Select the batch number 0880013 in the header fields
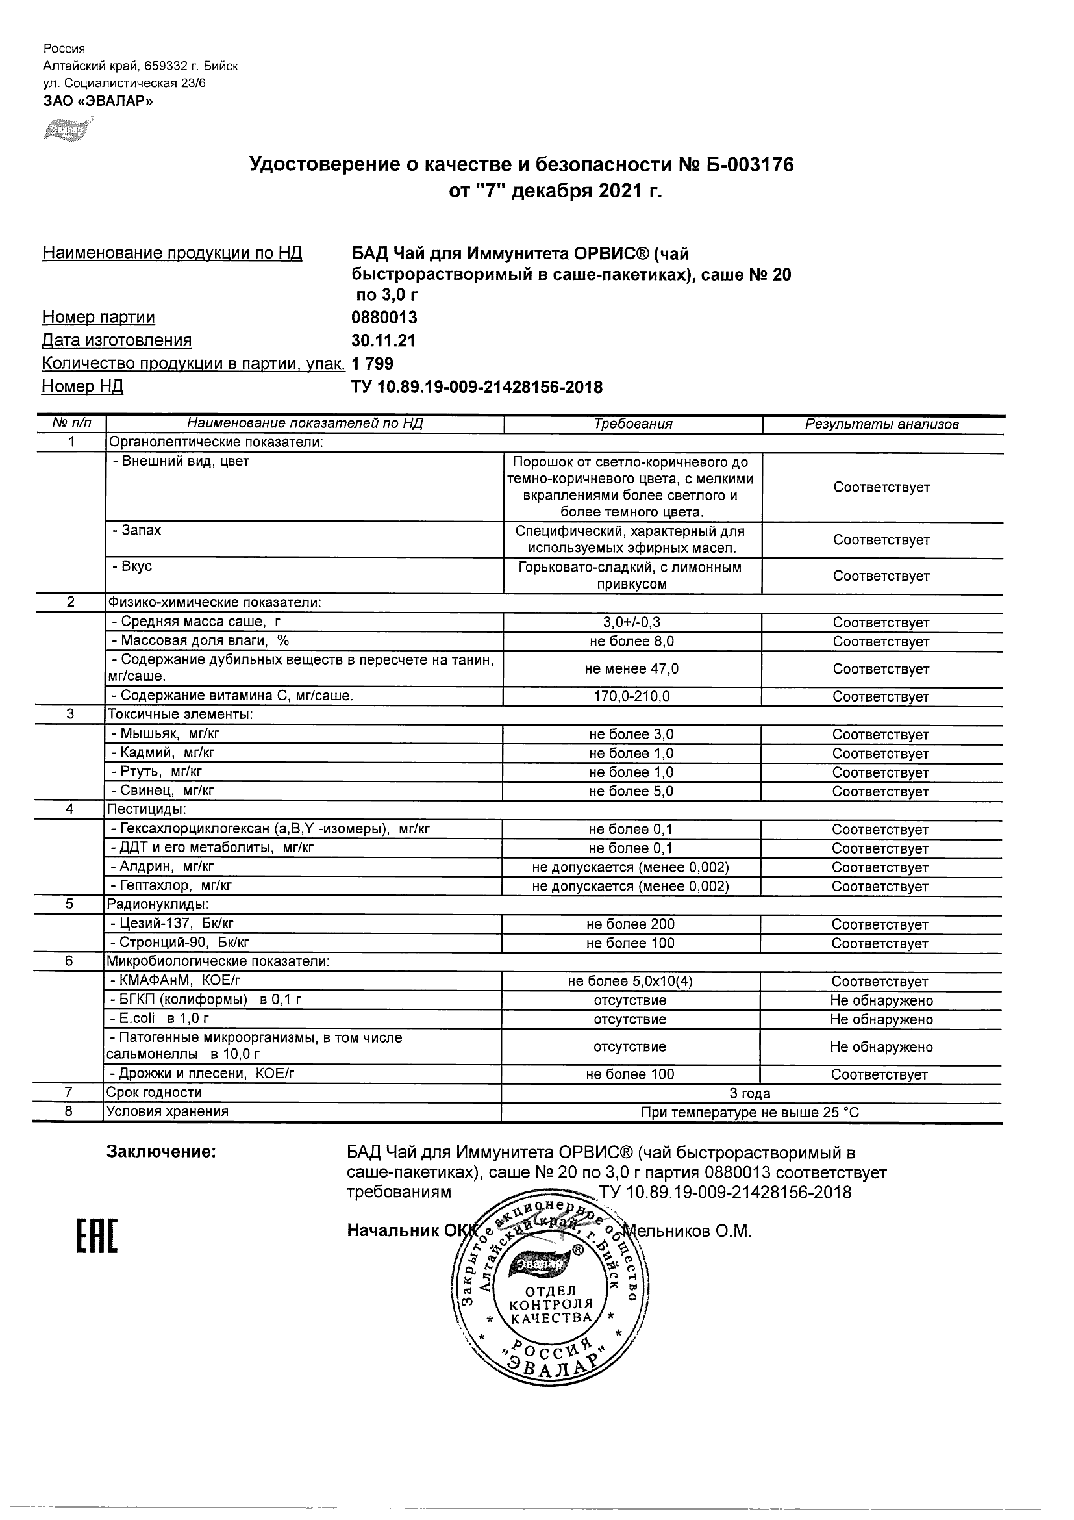point(384,317)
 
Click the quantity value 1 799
point(373,364)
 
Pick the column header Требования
point(632,424)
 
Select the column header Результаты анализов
point(882,424)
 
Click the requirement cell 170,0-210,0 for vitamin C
point(632,696)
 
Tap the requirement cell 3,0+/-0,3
point(632,622)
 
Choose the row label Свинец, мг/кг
point(162,790)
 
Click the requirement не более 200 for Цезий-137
point(630,924)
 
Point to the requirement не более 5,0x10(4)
point(630,981)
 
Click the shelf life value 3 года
point(750,1093)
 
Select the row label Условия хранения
point(168,1111)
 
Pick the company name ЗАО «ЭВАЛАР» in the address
point(98,101)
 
